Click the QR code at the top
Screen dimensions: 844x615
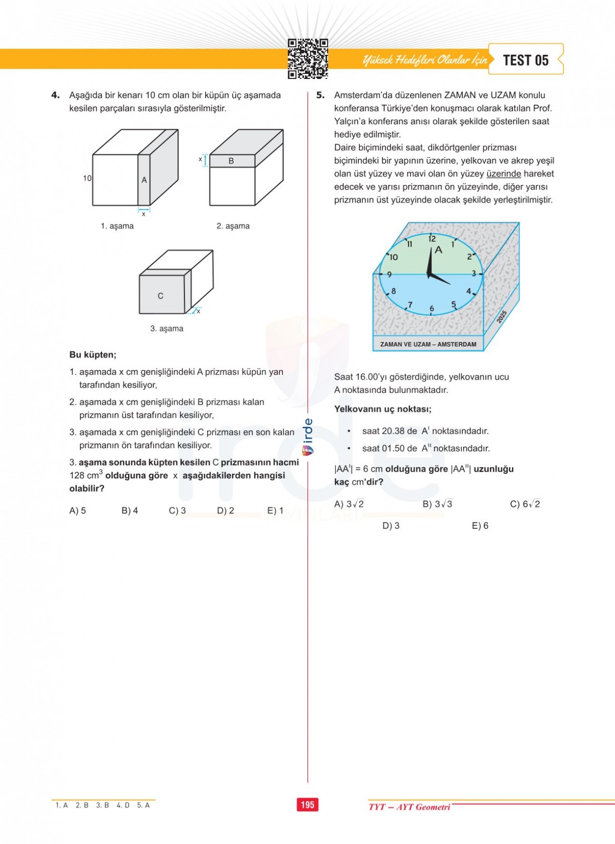pos(307,59)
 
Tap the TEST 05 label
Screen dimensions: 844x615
pos(526,60)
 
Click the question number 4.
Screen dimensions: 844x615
pos(55,95)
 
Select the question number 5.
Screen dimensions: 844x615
pos(320,95)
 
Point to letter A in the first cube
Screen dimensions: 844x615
pos(144,180)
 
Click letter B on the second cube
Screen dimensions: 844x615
pos(231,161)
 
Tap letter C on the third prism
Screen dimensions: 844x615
pos(160,296)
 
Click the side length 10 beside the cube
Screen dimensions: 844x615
pos(87,178)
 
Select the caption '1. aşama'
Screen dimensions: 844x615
pos(117,226)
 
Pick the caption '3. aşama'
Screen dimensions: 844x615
pos(167,329)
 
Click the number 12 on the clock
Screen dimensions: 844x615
pos(432,238)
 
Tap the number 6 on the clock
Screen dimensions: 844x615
pos(432,308)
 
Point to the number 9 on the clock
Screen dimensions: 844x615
pos(389,274)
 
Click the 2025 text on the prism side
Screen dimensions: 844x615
pos(502,316)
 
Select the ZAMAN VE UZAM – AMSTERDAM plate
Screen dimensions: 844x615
pos(428,345)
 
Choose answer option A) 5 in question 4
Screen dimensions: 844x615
pos(77,511)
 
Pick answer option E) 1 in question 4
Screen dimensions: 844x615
pos(275,511)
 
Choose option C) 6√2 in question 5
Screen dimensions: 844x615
pos(525,504)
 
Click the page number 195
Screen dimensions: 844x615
pos(307,805)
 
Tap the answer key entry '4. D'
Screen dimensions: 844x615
pos(123,806)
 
